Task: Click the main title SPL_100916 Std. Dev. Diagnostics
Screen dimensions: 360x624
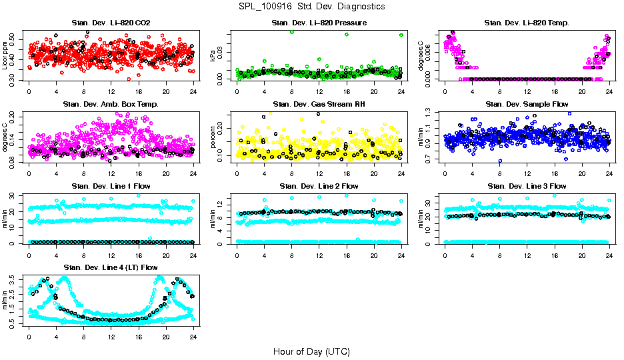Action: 311,7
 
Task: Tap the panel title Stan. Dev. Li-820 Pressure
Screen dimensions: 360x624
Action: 319,23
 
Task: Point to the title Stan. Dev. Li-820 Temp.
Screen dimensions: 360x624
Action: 527,23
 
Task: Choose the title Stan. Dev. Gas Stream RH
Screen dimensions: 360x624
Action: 319,104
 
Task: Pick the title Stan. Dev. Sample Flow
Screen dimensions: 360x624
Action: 527,104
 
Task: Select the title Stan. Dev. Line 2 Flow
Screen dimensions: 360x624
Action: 319,185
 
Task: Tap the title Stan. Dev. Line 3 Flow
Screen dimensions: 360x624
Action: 527,185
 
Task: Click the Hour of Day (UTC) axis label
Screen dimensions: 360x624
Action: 311,351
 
